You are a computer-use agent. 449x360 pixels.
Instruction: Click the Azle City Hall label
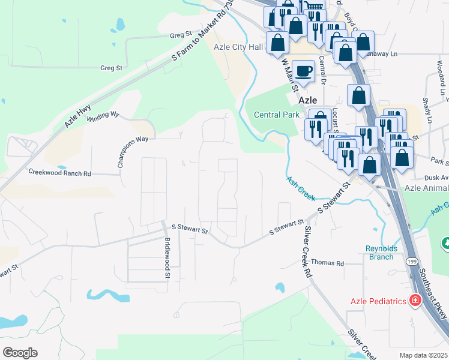click(239, 47)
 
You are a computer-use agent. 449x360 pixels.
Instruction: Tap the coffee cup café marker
click(304, 71)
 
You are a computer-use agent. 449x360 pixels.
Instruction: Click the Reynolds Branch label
click(379, 253)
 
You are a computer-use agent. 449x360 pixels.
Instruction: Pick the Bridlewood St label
click(167, 258)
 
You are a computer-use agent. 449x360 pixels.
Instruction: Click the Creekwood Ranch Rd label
click(59, 173)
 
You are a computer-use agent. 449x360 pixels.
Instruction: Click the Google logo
click(19, 353)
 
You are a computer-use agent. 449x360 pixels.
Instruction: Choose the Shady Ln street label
click(427, 110)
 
